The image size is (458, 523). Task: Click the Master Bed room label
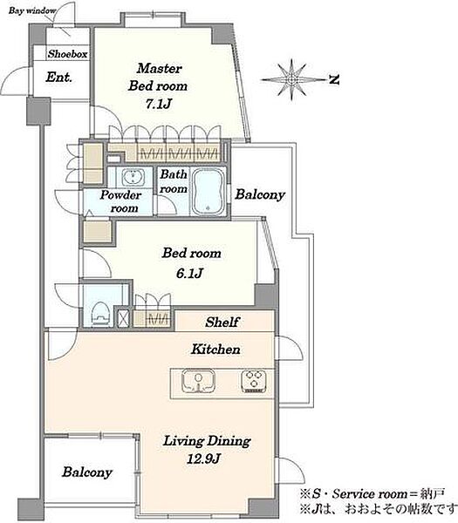click(158, 77)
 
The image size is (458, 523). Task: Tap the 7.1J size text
click(158, 104)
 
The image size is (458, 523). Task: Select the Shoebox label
click(67, 54)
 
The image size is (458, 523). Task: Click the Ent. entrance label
click(58, 77)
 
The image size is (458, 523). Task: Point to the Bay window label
click(32, 10)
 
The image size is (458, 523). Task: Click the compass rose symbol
click(292, 79)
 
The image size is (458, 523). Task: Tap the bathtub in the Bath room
click(208, 192)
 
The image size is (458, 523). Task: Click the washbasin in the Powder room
click(133, 177)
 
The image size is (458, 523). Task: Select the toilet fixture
click(100, 314)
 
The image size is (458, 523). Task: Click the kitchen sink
click(198, 381)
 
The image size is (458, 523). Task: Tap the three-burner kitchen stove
click(254, 381)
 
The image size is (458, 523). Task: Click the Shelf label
click(222, 322)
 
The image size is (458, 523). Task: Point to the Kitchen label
click(215, 350)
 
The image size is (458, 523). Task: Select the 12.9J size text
click(203, 459)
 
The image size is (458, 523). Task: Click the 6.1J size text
click(189, 273)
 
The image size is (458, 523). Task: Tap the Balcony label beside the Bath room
click(260, 194)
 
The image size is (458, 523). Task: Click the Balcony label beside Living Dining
click(87, 472)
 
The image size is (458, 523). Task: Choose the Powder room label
click(120, 201)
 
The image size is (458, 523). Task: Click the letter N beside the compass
click(334, 80)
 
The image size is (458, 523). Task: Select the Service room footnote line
click(373, 493)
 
